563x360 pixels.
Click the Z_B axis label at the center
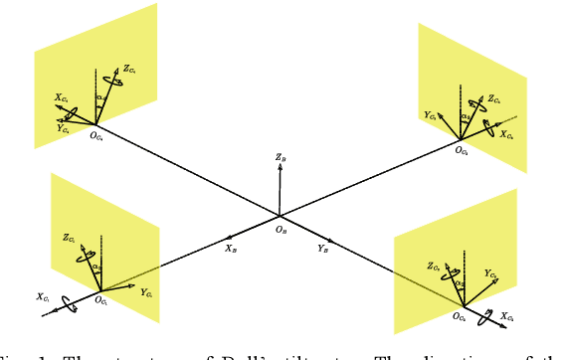[282, 156]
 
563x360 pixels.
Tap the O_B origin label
[281, 230]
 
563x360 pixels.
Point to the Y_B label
[324, 249]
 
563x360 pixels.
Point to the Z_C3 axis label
[494, 99]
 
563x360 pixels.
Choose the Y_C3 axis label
[430, 116]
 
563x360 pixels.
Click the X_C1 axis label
[43, 296]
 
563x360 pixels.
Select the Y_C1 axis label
[146, 293]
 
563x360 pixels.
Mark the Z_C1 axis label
[69, 238]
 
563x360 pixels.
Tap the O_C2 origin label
[459, 317]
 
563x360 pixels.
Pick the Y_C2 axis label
[490, 272]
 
